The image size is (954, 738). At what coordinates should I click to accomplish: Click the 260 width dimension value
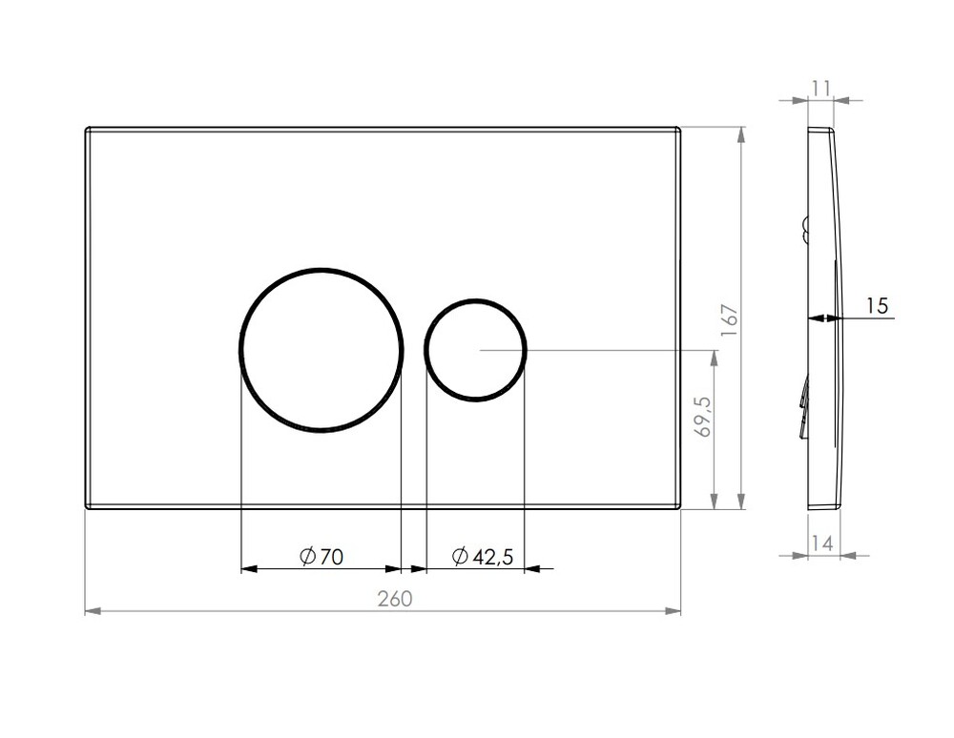tap(395, 599)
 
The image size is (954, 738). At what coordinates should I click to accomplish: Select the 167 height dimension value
tap(730, 319)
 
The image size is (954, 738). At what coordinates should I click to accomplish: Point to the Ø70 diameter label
tap(321, 556)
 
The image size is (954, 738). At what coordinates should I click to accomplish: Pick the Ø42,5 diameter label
tap(483, 556)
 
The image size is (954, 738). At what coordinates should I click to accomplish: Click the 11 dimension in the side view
tap(820, 89)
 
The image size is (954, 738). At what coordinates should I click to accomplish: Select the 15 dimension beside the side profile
tap(877, 305)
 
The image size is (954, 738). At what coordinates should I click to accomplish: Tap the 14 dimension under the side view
tap(822, 543)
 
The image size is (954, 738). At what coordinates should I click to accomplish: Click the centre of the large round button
tap(321, 350)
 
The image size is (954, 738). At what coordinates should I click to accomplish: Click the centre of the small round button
tap(476, 350)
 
